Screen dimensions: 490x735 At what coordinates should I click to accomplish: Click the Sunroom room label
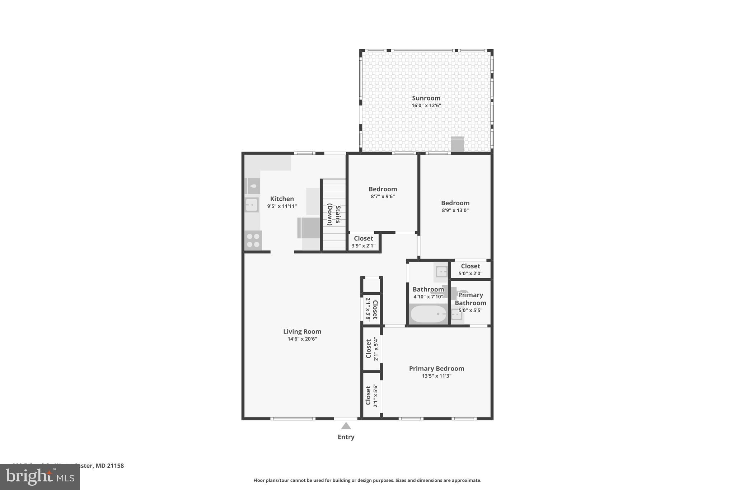coord(426,98)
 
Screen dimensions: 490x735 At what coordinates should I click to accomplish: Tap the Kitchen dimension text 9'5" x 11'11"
coord(282,206)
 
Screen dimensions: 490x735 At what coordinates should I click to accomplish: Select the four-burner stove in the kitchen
coord(253,240)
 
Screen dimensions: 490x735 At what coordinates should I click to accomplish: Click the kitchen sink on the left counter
coord(252,205)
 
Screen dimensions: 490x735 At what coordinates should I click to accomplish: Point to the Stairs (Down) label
coord(334,214)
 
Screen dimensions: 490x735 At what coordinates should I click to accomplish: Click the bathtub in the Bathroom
coord(428,314)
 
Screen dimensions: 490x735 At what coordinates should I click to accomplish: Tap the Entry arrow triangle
coord(346,426)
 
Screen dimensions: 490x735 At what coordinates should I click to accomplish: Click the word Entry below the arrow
coord(346,437)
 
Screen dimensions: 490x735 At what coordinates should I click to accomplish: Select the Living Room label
coord(302,332)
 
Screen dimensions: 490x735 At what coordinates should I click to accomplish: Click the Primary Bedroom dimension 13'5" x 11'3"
coord(436,376)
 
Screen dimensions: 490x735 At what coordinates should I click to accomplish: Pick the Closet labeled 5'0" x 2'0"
coord(470,269)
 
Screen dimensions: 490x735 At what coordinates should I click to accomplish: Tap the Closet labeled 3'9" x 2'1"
coord(363,242)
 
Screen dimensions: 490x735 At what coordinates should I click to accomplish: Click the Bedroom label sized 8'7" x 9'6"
coord(383,189)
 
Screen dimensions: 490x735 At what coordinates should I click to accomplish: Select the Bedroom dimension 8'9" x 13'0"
coord(455,210)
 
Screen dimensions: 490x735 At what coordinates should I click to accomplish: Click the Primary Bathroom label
coord(470,299)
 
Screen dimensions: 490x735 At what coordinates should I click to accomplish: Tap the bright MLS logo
coord(39,477)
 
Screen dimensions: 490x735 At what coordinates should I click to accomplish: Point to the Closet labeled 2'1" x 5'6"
coord(371,395)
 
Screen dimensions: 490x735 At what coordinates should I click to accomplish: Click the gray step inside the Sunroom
coord(457,144)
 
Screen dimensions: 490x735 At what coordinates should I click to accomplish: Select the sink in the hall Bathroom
coord(441,271)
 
